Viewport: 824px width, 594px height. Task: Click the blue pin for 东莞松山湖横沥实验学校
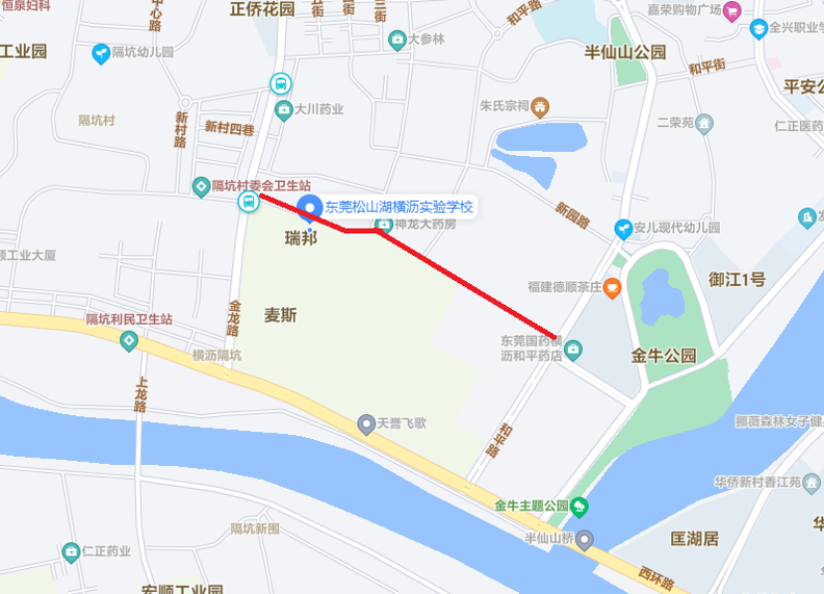309,209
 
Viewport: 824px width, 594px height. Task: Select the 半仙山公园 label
623,52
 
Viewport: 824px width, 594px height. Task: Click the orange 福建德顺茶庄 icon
613,288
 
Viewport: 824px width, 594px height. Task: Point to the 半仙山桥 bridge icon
586,539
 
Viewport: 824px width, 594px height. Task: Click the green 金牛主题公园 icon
580,506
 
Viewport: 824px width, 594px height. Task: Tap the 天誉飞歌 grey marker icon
366,423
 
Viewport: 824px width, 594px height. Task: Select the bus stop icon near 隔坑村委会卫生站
248,203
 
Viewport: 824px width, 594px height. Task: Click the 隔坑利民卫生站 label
129,319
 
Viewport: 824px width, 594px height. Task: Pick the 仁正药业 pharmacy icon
70,551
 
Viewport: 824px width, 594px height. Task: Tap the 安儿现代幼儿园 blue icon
622,228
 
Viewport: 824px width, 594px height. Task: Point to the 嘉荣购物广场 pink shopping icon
733,11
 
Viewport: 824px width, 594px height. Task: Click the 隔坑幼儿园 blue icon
100,54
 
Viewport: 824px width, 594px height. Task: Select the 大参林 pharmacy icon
397,40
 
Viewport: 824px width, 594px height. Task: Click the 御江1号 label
737,280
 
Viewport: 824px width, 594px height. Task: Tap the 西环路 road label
654,576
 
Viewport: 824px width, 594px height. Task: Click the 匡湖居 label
694,538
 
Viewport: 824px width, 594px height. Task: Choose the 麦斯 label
280,315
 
